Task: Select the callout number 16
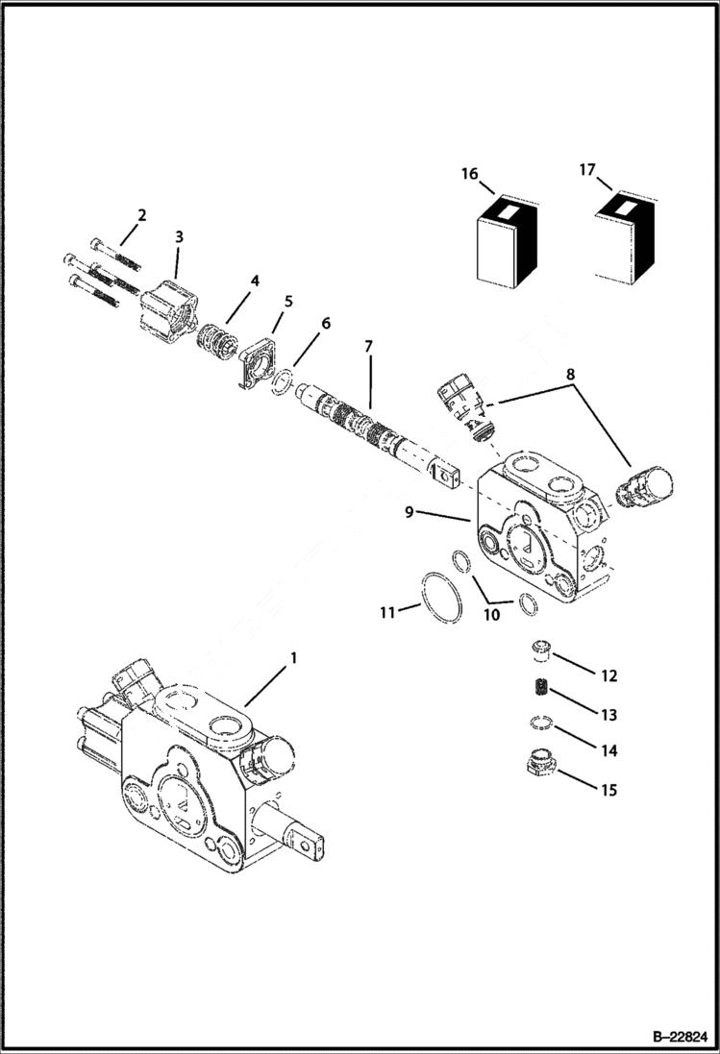tap(469, 174)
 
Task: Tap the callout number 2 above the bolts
tap(141, 215)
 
